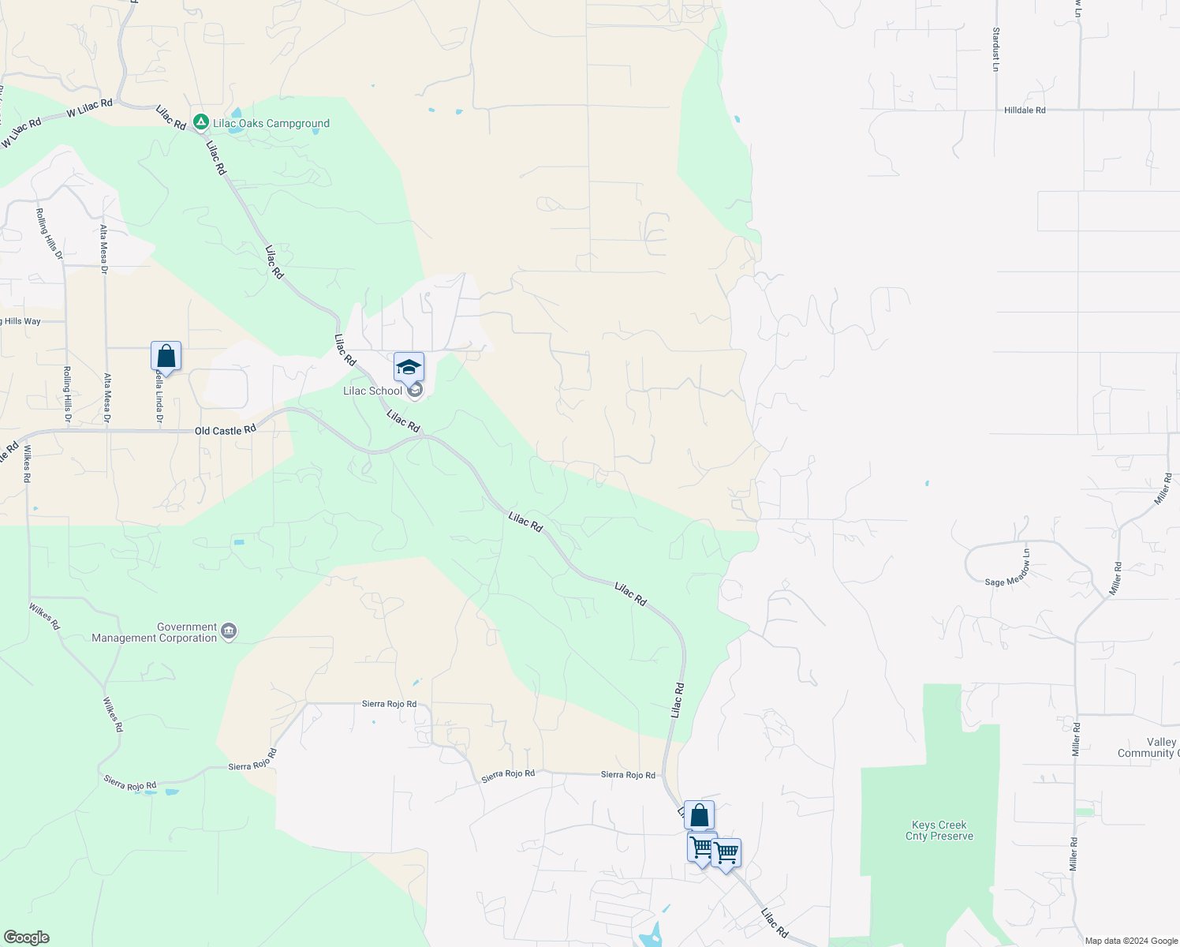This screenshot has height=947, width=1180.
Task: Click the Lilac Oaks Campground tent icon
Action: click(201, 122)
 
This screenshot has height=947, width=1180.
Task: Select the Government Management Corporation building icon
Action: click(229, 631)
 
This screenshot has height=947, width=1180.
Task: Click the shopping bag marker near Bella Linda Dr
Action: click(166, 356)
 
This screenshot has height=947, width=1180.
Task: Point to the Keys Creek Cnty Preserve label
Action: click(939, 830)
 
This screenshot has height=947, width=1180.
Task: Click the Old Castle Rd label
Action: click(226, 430)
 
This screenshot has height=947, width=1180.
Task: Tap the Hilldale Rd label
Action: click(1025, 110)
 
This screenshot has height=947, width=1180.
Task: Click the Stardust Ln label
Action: click(995, 50)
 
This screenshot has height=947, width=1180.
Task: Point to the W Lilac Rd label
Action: click(89, 108)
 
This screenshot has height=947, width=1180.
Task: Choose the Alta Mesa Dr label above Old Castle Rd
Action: click(104, 248)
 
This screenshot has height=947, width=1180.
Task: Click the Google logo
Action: click(27, 938)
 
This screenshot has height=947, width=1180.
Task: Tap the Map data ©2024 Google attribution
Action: click(1131, 941)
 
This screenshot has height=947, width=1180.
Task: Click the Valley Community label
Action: click(1148, 747)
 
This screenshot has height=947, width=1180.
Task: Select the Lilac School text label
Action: click(372, 391)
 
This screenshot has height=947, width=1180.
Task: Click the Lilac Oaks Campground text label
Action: click(271, 123)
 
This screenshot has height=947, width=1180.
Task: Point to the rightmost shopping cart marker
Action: click(726, 853)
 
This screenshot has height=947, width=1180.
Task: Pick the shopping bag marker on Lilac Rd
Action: click(699, 815)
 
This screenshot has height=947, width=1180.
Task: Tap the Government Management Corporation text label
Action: click(154, 632)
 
